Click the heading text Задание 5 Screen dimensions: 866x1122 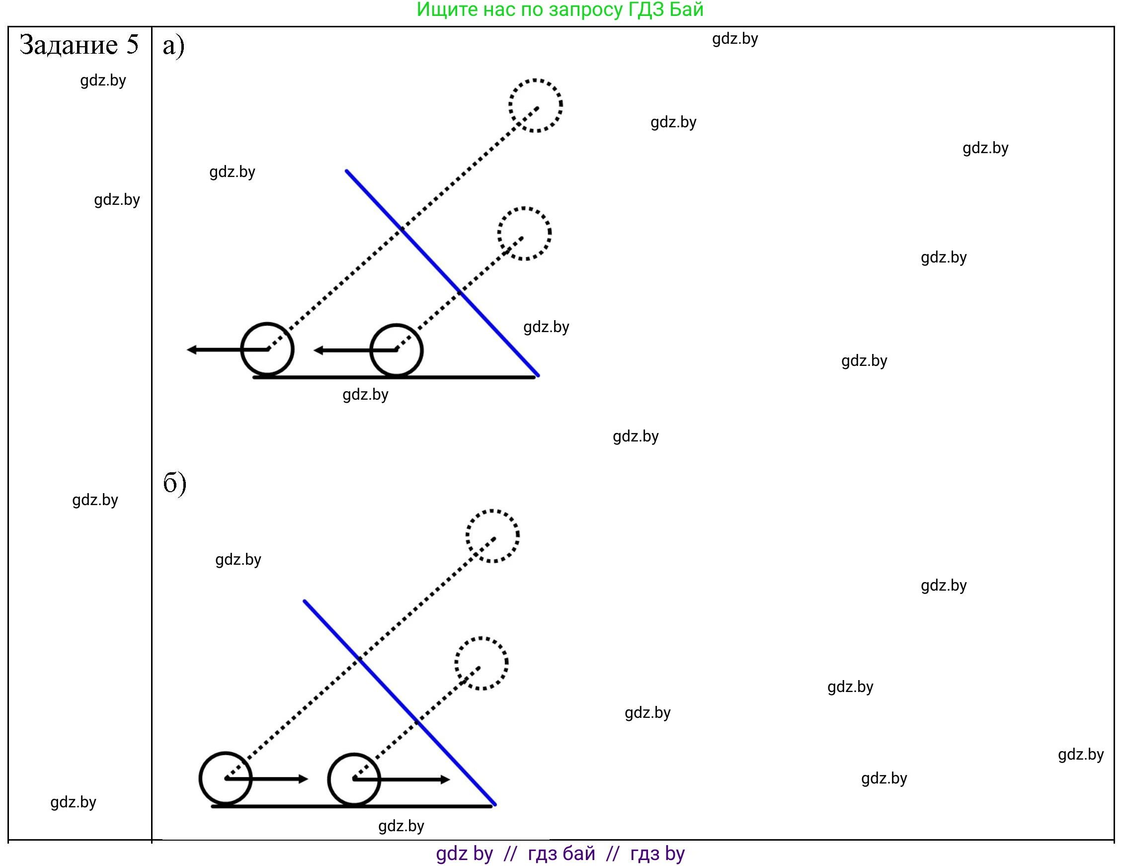(79, 45)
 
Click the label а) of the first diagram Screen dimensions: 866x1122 (173, 46)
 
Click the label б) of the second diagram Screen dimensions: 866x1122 (174, 483)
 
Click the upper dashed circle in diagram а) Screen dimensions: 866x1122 (535, 106)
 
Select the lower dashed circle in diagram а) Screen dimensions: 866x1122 (524, 234)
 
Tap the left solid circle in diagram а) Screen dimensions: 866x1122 (267, 349)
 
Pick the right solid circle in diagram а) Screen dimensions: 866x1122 (396, 350)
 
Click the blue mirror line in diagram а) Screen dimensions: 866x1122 (442, 272)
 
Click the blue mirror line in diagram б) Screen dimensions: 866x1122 (399, 702)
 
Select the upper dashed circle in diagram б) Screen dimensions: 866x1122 (492, 536)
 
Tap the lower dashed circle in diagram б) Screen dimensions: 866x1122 (481, 664)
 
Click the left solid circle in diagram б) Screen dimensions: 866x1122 (226, 779)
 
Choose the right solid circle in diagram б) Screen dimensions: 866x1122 (354, 779)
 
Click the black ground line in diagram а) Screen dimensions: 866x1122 (394, 377)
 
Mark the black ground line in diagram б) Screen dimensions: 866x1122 (351, 806)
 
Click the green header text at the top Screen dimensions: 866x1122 (560, 10)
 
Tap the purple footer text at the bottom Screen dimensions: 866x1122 (560, 854)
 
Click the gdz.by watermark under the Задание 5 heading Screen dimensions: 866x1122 (103, 81)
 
